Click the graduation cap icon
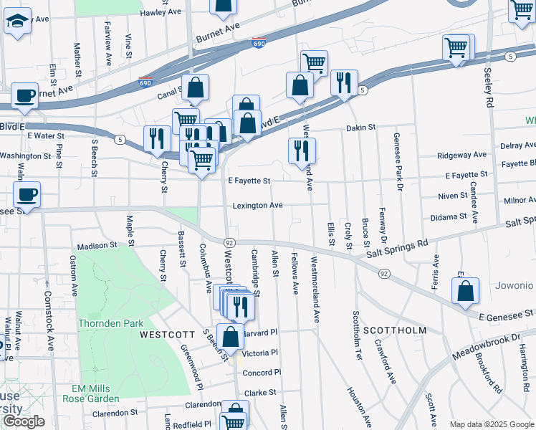click(x=17, y=22)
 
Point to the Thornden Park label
click(x=111, y=323)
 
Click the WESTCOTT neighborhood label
click(x=167, y=335)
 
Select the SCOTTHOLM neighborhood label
click(x=394, y=330)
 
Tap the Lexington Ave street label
click(x=257, y=206)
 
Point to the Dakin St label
click(x=360, y=128)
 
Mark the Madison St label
click(x=97, y=245)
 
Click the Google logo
click(x=24, y=421)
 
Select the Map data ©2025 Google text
click(x=491, y=424)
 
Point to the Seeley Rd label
click(x=489, y=88)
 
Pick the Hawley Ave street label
click(x=161, y=12)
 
